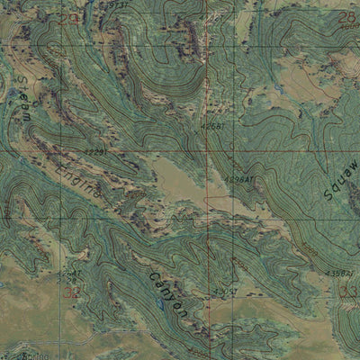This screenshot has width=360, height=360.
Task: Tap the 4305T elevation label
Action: coord(116,6)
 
